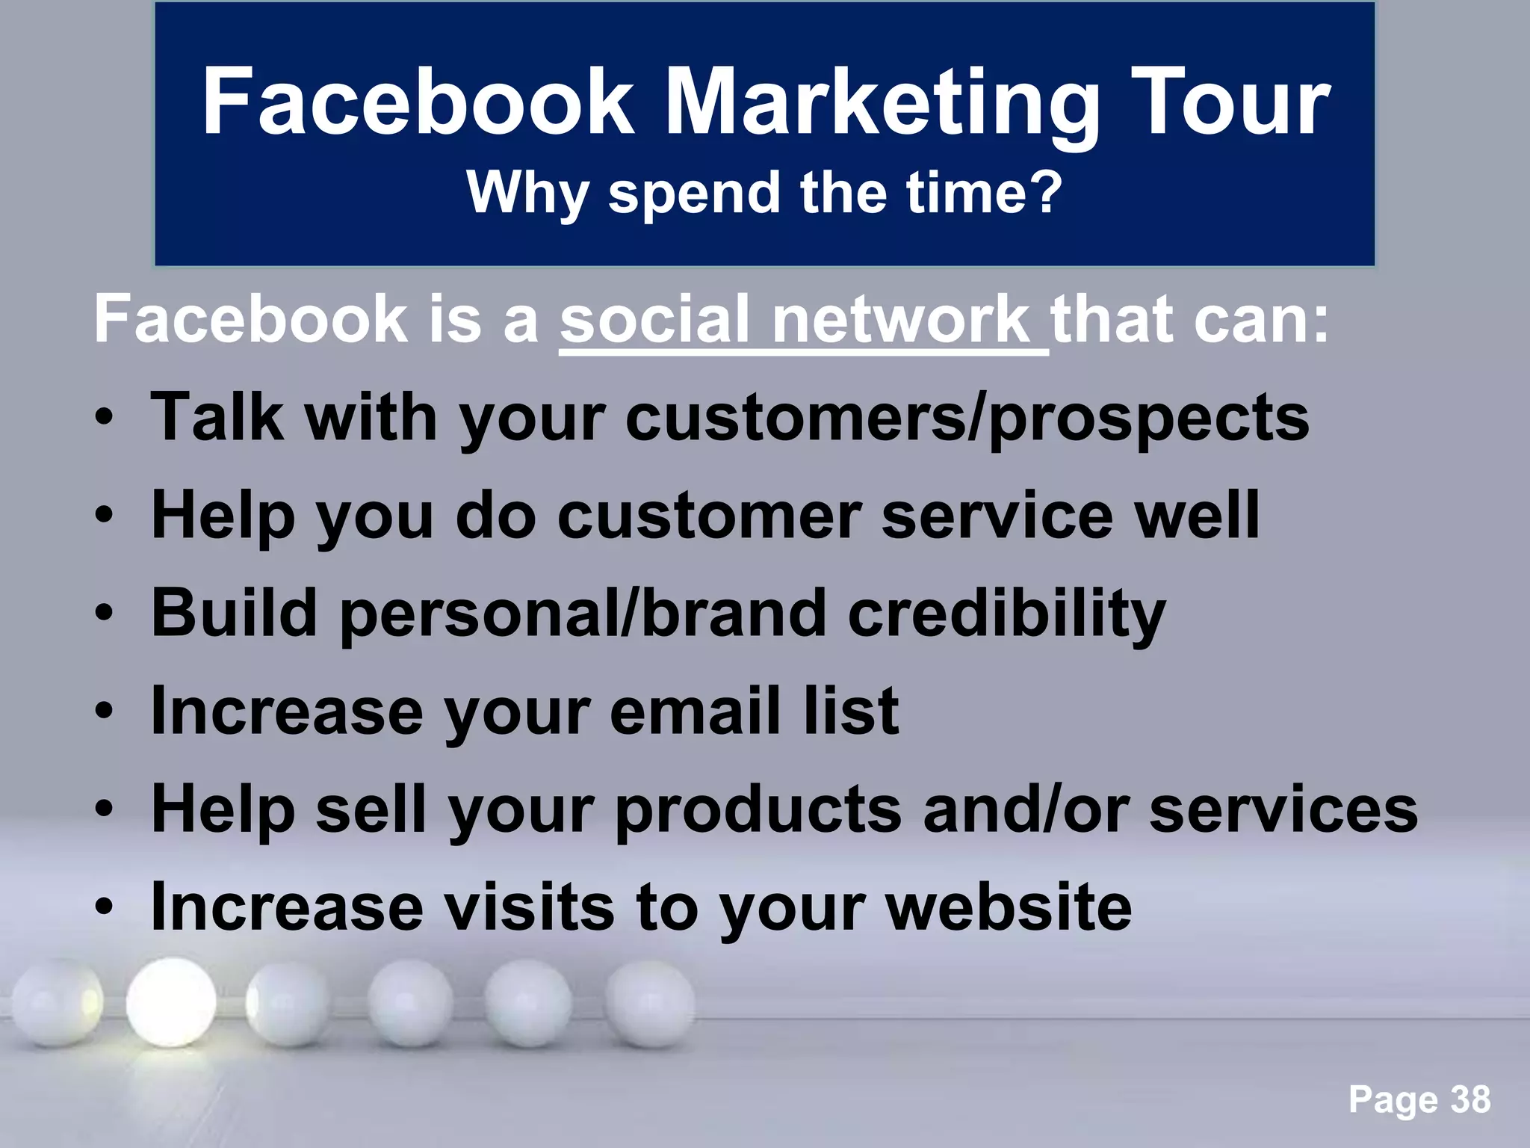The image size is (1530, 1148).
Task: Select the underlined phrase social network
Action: tap(803, 320)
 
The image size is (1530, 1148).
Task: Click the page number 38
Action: tap(1470, 1100)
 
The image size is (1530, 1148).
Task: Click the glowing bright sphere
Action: tap(171, 1003)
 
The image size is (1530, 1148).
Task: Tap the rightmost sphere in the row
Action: tap(648, 1003)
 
